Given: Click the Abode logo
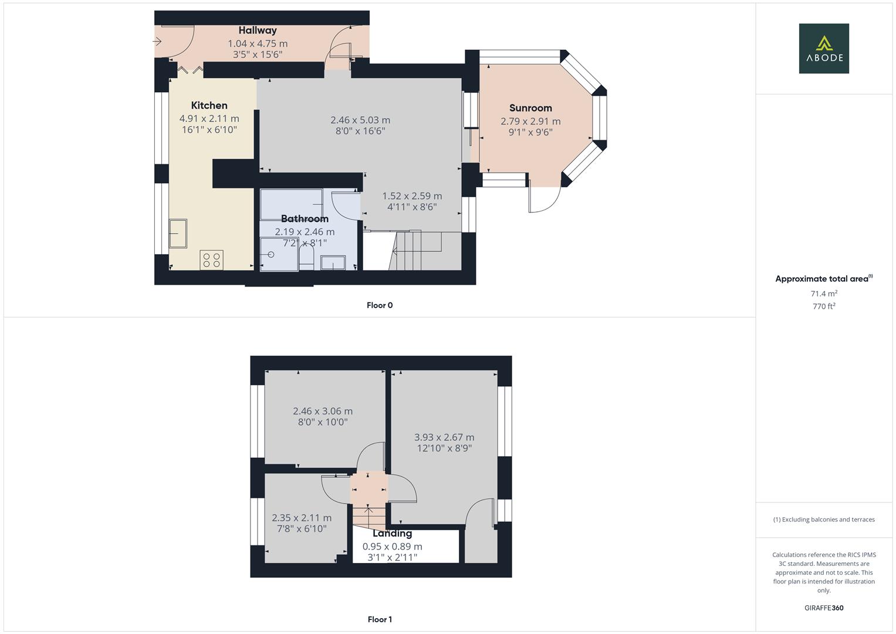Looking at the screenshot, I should pyautogui.click(x=824, y=49).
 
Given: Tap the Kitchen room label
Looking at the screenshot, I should pyautogui.click(x=209, y=106).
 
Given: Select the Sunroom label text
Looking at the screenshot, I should pyautogui.click(x=530, y=108).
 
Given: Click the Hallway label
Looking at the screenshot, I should pyautogui.click(x=257, y=31).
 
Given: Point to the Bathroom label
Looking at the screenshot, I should pyautogui.click(x=305, y=219).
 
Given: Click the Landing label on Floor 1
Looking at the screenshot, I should pyautogui.click(x=392, y=534).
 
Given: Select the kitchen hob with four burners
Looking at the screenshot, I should pyautogui.click(x=211, y=260).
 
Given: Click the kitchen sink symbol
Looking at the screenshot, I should pyautogui.click(x=178, y=234).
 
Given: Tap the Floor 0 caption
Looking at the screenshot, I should pyautogui.click(x=380, y=305).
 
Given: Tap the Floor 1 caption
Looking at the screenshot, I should pyautogui.click(x=380, y=619).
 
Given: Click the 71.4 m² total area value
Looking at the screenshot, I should pyautogui.click(x=824, y=294).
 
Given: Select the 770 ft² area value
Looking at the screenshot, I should pyautogui.click(x=824, y=306).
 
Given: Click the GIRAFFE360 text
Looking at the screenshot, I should pyautogui.click(x=824, y=608).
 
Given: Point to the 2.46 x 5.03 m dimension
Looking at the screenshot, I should pyautogui.click(x=360, y=120).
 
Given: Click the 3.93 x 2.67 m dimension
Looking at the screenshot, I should pyautogui.click(x=444, y=437).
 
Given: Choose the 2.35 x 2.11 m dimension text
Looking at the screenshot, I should pyautogui.click(x=302, y=518).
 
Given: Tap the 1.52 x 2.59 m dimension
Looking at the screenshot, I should pyautogui.click(x=412, y=197).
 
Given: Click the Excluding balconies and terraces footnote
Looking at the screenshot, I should pyautogui.click(x=824, y=520).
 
